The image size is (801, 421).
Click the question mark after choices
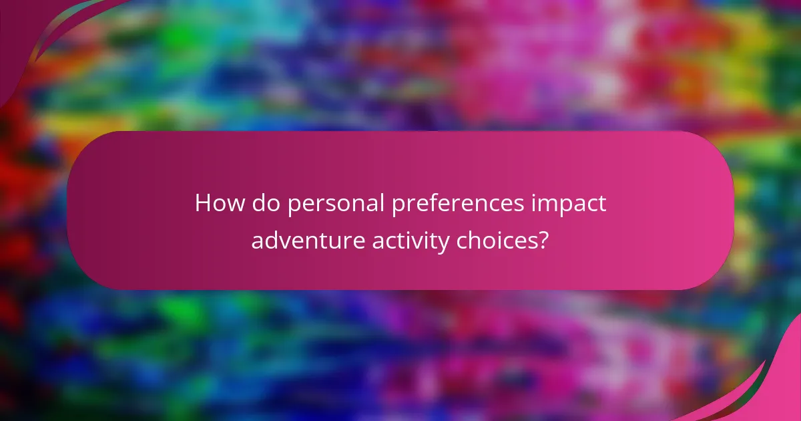tap(544, 240)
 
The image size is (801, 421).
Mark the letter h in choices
tap(475, 239)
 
